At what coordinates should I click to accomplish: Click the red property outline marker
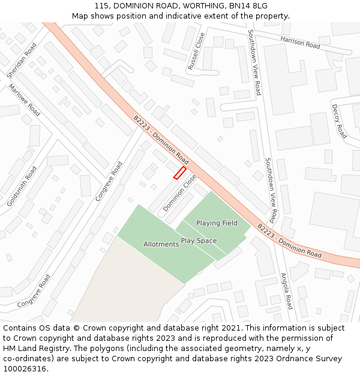coord(179,173)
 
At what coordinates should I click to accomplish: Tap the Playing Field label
coord(217,223)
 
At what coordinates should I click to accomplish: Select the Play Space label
coord(199,241)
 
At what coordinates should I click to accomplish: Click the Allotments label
coord(161,244)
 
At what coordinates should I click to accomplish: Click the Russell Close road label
coord(196,52)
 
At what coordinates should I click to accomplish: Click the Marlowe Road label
coord(25,100)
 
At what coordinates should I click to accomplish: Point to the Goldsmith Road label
coord(22,187)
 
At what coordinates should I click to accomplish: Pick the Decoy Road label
coord(339,121)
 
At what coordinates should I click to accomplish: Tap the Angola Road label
coord(288,291)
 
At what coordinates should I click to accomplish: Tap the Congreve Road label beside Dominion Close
coord(109,181)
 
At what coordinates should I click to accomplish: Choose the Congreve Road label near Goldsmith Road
coord(34,291)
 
